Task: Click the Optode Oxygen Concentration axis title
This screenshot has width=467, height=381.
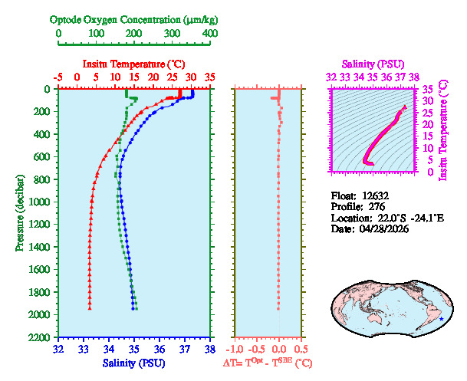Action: (134, 19)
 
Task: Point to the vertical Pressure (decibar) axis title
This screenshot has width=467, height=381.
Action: (19, 213)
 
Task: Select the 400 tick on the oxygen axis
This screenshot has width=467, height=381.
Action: (209, 34)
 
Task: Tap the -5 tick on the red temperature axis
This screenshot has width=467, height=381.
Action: (58, 77)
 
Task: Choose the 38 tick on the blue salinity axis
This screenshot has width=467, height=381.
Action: (209, 350)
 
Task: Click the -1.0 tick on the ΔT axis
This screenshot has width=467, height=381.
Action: (235, 350)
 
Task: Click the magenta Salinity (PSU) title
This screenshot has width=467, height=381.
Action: (371, 64)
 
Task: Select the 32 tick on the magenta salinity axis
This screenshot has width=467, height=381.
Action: (331, 77)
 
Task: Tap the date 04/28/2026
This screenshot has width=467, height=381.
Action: (383, 229)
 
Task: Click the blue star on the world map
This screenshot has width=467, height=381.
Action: (441, 319)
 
